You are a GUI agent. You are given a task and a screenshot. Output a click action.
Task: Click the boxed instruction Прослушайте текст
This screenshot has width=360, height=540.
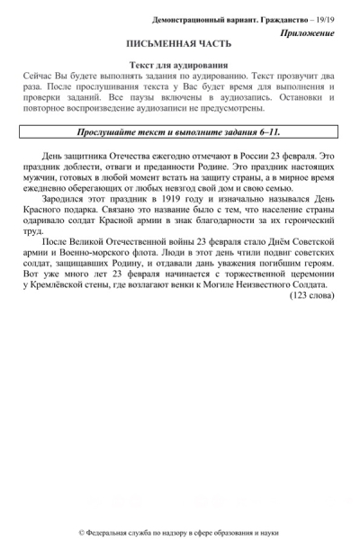pyautogui.click(x=179, y=131)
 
